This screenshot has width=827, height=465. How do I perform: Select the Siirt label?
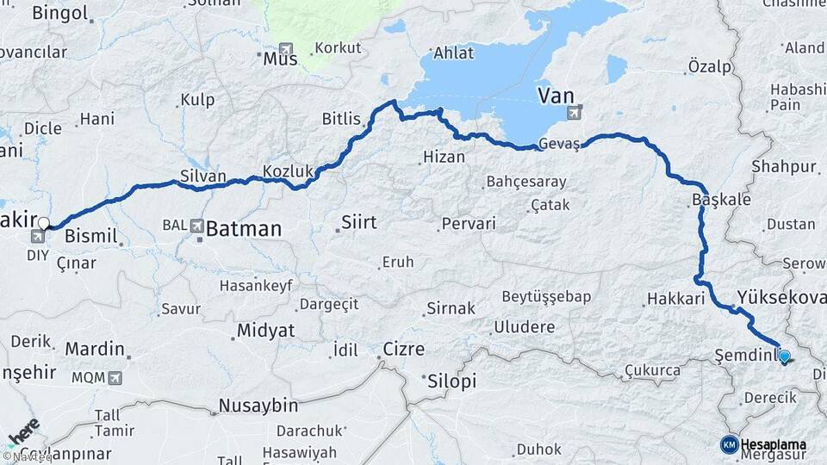(x=359, y=223)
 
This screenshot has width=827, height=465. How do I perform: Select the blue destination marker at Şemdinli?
(x=784, y=355)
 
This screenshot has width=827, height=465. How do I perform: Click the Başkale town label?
(x=721, y=200)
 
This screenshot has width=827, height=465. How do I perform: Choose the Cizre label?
(x=405, y=350)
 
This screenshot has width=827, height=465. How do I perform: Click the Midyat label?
(x=265, y=331)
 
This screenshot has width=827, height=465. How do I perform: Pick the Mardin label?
(x=95, y=350)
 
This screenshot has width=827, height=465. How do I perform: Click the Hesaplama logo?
(x=763, y=444)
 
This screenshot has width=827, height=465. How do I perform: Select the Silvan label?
(x=203, y=177)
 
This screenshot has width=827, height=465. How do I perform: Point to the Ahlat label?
(x=454, y=53)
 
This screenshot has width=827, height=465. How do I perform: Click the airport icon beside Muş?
(x=286, y=49)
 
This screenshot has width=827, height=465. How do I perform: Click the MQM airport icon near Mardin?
(x=115, y=377)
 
